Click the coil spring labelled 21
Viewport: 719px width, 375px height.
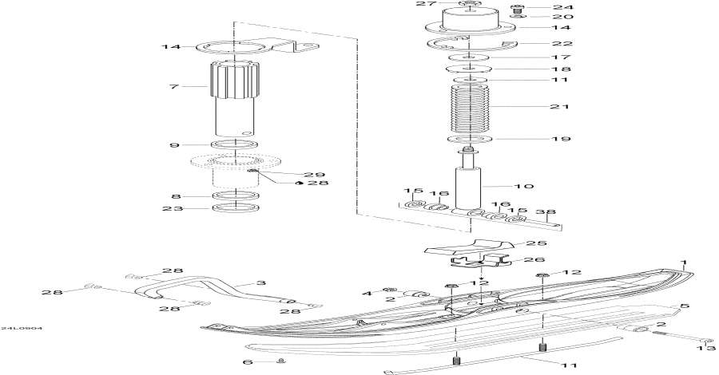471,108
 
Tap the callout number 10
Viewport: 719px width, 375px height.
546,187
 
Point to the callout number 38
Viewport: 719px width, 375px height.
546,213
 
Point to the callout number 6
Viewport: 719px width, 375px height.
248,361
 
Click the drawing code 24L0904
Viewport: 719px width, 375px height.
22,328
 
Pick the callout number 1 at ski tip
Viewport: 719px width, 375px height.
683,262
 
